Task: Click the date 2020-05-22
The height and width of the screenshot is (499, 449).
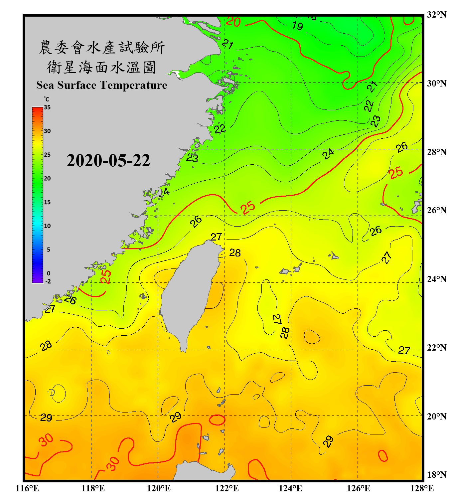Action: click(x=108, y=160)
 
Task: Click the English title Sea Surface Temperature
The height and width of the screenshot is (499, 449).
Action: click(x=101, y=85)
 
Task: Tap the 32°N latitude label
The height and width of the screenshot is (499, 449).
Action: click(x=437, y=15)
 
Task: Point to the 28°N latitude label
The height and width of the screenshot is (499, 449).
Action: click(x=437, y=152)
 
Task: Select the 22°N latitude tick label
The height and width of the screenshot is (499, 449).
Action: click(x=437, y=348)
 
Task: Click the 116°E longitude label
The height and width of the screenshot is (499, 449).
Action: click(x=27, y=488)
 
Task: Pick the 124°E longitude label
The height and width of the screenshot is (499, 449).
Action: click(x=290, y=488)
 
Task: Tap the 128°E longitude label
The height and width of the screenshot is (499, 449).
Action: click(x=422, y=488)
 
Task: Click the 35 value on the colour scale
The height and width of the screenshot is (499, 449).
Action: click(x=47, y=107)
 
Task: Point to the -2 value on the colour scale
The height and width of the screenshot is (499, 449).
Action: click(x=48, y=281)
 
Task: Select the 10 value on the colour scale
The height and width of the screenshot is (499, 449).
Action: click(x=47, y=226)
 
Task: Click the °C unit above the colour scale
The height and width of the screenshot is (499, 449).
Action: click(x=47, y=99)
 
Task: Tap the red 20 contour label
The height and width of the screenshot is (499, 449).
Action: click(x=233, y=22)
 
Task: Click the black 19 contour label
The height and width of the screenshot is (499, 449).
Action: click(x=297, y=26)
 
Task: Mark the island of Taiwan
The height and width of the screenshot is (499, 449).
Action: click(x=190, y=293)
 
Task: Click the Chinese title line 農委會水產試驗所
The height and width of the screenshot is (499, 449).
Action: click(x=101, y=48)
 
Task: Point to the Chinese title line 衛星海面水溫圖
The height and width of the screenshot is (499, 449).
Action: click(x=101, y=67)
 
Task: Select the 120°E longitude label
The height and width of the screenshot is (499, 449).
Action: click(x=159, y=488)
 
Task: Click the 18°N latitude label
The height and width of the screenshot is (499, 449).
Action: click(x=437, y=475)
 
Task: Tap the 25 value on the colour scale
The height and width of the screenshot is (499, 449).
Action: click(x=47, y=155)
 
